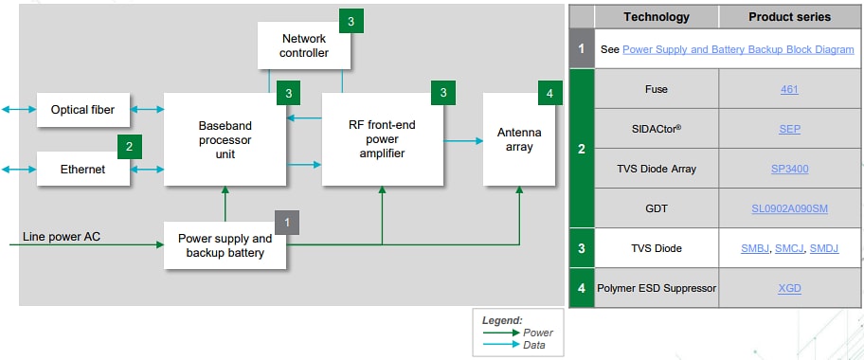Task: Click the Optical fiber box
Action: click(82, 110)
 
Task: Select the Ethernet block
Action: click(82, 170)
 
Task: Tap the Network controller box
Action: click(304, 45)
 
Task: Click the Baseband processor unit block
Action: click(225, 139)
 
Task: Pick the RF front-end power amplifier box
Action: click(383, 139)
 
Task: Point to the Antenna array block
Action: click(518, 139)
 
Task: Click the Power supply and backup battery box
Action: click(225, 245)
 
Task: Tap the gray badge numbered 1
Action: click(287, 222)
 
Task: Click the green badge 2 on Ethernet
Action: click(130, 147)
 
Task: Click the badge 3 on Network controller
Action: click(351, 21)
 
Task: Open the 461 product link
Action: click(789, 89)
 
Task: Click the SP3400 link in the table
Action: click(789, 169)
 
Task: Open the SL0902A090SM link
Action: click(789, 208)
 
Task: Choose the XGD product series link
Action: click(789, 288)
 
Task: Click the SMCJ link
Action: click(789, 248)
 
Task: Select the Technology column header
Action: click(657, 17)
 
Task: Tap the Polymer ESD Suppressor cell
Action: click(657, 288)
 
